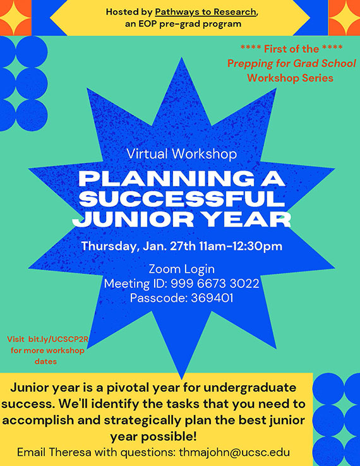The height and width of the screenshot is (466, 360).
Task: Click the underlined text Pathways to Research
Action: tap(205, 12)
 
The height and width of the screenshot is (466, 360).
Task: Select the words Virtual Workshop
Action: tap(182, 153)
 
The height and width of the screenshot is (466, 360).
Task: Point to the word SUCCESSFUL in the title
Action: tap(182, 198)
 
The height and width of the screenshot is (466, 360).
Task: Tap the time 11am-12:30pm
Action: tap(241, 246)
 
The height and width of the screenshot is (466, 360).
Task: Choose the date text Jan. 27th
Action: tap(169, 246)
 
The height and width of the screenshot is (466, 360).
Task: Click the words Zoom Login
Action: tap(182, 269)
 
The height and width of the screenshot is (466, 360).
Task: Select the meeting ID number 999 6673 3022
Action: tap(215, 284)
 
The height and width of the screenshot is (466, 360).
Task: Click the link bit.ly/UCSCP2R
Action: tap(59, 339)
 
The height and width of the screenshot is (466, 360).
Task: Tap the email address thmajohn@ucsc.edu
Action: tap(234, 452)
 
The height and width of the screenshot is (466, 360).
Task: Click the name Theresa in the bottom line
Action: tap(70, 452)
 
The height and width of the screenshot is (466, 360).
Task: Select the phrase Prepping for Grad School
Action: tap(292, 63)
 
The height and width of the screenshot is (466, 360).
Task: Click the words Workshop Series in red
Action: tap(290, 78)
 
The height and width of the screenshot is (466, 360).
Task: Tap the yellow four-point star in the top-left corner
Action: tap(15, 18)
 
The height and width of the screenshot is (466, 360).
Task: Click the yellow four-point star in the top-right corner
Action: tap(345, 17)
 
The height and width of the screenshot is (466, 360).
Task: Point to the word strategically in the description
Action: tap(142, 421)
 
